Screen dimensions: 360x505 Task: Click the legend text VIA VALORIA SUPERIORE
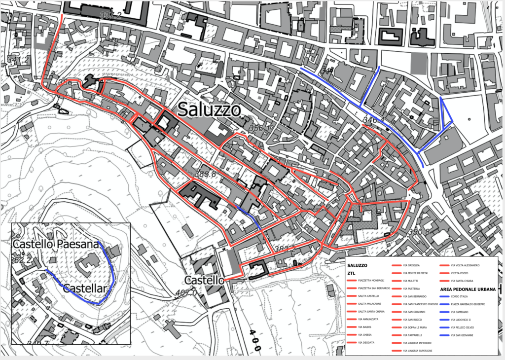[418, 351]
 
